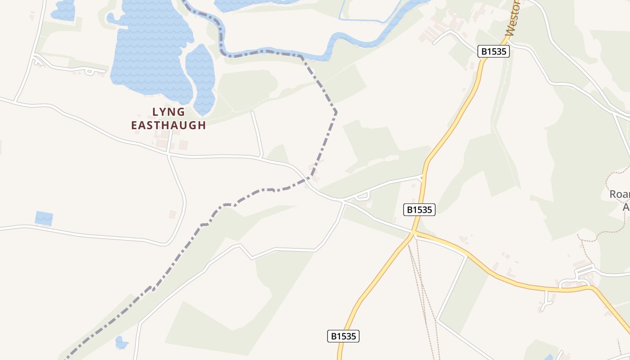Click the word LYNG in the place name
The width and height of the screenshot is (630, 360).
[x=168, y=112]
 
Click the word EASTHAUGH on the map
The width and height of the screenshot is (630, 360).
[x=168, y=125]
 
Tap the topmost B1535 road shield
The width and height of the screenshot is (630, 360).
[x=494, y=51]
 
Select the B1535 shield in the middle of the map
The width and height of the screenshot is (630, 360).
[x=419, y=209]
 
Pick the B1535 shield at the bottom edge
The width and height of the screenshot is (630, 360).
[x=343, y=336]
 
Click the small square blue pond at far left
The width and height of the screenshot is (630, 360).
[x=44, y=218]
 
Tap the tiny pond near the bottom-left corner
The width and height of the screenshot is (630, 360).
[x=121, y=343]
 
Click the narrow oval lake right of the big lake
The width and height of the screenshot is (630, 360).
[x=201, y=76]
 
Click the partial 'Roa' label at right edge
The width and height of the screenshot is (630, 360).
[x=619, y=194]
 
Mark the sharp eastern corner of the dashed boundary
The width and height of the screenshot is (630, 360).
[x=336, y=111]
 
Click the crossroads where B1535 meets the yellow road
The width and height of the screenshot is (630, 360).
[x=413, y=233]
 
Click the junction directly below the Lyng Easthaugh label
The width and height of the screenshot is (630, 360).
[x=168, y=154]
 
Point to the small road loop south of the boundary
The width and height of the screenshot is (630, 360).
[x=363, y=196]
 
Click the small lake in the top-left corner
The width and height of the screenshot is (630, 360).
[x=63, y=10]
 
